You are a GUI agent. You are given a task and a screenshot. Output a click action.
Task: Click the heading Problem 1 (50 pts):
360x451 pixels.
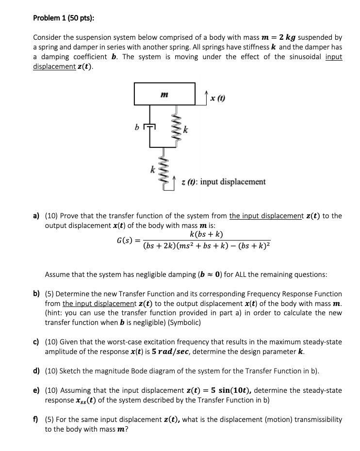click(x=64, y=18)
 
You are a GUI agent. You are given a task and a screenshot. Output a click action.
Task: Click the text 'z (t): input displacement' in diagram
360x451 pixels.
click(x=223, y=182)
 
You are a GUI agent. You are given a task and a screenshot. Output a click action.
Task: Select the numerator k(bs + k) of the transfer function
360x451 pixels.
click(x=207, y=234)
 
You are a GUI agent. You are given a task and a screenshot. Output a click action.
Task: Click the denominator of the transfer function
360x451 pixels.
click(x=207, y=246)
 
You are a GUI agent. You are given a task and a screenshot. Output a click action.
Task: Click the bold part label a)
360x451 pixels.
click(x=36, y=216)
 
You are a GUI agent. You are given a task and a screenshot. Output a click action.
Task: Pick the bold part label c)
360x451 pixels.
click(x=36, y=342)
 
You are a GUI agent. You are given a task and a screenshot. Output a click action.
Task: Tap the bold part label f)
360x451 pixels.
click(x=36, y=419)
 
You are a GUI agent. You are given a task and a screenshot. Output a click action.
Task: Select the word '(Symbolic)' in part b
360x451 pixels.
click(x=184, y=322)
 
